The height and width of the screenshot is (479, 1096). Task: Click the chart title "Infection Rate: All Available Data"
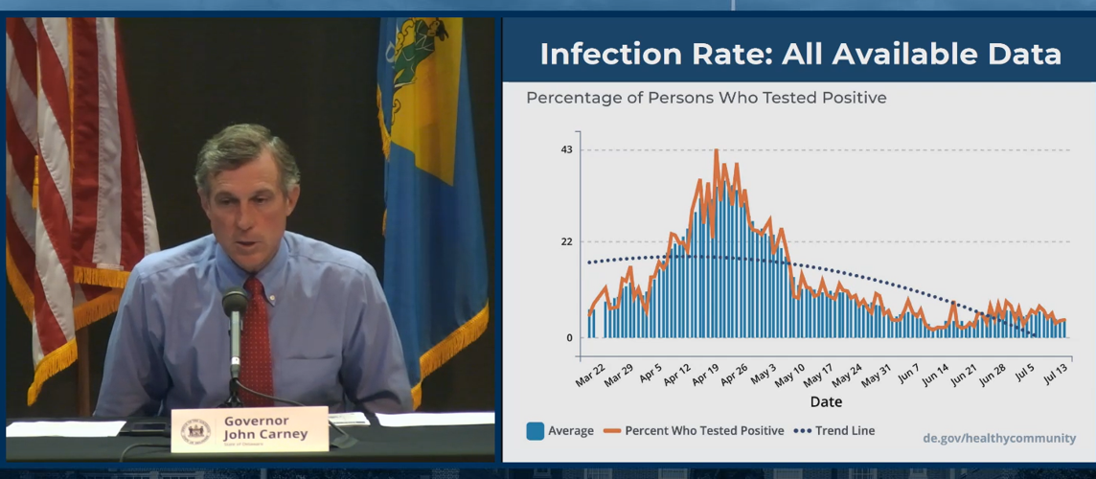point(800,54)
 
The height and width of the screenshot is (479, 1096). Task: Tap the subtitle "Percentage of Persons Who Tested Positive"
point(706,98)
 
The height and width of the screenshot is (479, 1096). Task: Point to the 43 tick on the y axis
point(566,149)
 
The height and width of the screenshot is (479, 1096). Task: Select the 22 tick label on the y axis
point(566,241)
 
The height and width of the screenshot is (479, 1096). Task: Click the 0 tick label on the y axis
point(568,337)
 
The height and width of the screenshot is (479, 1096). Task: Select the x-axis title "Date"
point(826,401)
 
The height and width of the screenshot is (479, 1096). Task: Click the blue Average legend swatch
point(535,431)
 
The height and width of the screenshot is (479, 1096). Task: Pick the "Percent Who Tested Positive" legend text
point(704,431)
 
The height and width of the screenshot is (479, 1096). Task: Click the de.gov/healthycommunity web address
point(999,438)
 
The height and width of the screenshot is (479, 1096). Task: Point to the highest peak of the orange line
point(716,150)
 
